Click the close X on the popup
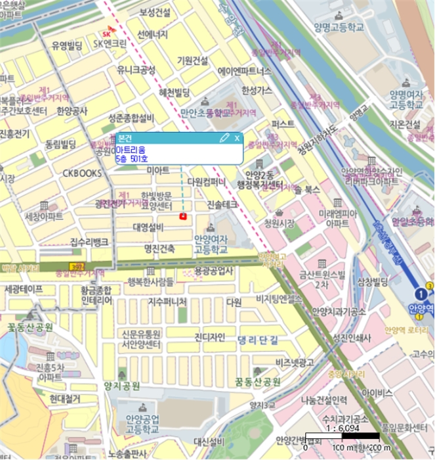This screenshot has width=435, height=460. pyautogui.click(x=237, y=138)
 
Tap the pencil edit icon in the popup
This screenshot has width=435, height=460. pyautogui.click(x=224, y=138)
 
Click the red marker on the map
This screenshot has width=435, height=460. pyautogui.click(x=183, y=216)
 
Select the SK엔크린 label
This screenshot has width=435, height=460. pyautogui.click(x=110, y=44)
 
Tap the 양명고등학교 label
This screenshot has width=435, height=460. pyautogui.click(x=339, y=28)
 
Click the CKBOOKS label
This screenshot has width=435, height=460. pyautogui.click(x=82, y=173)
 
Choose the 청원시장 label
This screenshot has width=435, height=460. pyautogui.click(x=280, y=223)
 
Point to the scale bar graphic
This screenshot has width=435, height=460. pyautogui.click(x=342, y=436)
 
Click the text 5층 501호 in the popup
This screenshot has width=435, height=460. pyautogui.click(x=132, y=158)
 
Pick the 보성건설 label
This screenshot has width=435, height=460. pyautogui.click(x=154, y=12)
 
